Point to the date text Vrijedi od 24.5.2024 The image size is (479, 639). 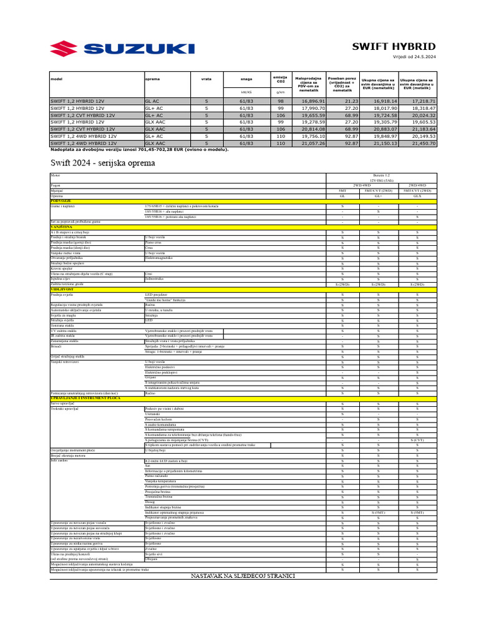tap(414, 57)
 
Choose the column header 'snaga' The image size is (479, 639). tap(246, 79)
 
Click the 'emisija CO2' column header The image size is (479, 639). tap(281, 79)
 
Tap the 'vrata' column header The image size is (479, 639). tap(206, 79)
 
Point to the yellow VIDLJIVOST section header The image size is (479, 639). tap(62, 290)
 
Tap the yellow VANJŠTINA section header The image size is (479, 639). tap(62, 227)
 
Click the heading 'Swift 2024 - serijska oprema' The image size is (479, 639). tap(103, 163)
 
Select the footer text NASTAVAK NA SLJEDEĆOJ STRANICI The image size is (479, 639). tap(243, 575)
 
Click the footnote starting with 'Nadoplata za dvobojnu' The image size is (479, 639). tap(139, 149)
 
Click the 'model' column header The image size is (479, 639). tap(57, 79)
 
